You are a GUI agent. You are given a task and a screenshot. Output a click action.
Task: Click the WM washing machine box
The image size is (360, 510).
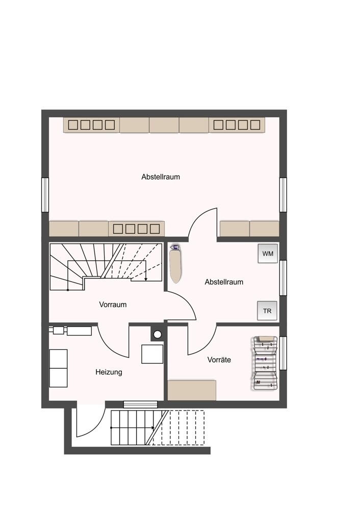point(268,253)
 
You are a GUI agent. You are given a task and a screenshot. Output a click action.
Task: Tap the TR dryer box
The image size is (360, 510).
point(267,311)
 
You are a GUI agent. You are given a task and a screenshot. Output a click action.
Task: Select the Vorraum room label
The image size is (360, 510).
point(113,305)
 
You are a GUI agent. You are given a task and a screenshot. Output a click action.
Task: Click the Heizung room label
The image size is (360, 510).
point(109,372)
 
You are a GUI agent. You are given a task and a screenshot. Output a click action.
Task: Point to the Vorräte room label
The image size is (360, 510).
point(219,360)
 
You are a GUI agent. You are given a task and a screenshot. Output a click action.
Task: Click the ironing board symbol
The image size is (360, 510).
point(176,264)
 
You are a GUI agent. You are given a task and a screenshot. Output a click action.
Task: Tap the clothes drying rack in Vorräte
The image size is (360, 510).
point(264,363)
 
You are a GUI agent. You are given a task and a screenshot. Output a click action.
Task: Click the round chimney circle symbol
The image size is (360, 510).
point(158,334)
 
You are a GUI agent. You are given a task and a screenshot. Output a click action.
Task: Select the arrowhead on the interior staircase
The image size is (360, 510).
point(146,279)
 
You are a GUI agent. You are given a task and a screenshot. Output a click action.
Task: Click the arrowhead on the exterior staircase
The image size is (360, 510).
point(152,428)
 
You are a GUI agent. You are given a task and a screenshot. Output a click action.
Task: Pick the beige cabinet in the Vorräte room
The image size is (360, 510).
point(192,390)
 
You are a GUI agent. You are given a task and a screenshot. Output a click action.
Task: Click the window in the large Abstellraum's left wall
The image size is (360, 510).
point(45,195)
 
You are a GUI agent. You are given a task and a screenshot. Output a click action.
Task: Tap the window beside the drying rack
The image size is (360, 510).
point(283,353)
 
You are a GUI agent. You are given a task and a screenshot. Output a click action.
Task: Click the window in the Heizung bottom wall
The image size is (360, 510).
point(141,404)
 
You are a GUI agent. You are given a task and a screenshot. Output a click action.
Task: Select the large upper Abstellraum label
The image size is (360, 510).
point(161,177)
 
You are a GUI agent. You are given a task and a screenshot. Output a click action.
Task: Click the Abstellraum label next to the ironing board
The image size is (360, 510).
point(224,282)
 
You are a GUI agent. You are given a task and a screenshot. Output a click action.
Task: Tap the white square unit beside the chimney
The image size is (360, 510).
point(152,354)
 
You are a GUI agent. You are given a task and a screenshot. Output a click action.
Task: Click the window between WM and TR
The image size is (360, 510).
point(283,278)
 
